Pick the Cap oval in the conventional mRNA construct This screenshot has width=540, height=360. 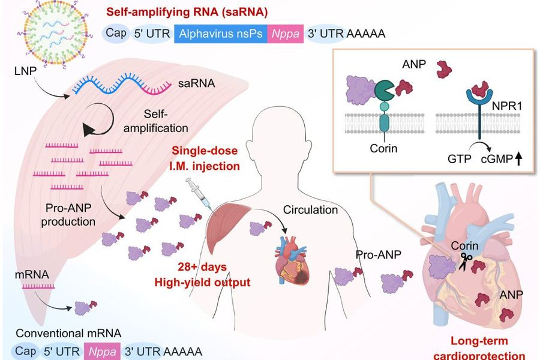point(26,351)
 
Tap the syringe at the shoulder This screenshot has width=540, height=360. point(197,193)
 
